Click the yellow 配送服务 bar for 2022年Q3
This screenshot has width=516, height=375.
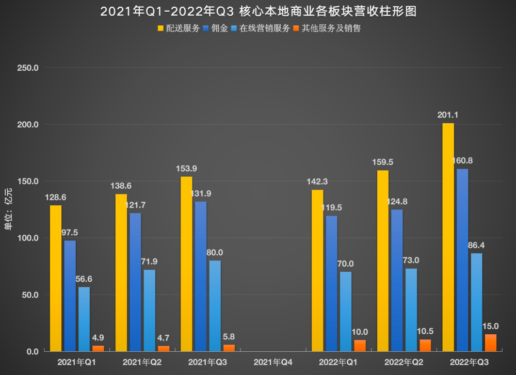[448, 237]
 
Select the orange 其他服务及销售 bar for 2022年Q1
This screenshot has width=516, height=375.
[360, 346]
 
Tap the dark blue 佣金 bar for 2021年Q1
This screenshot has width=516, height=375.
[70, 296]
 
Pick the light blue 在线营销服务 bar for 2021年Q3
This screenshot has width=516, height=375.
[215, 306]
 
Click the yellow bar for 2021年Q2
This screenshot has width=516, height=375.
[121, 273]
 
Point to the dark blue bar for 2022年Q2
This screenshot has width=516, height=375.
[397, 280]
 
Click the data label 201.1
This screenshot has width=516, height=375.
[448, 115]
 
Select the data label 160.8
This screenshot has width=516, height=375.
[462, 160]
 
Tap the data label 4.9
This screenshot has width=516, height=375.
[98, 338]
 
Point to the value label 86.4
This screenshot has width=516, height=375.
[476, 245]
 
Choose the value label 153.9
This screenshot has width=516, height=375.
[186, 168]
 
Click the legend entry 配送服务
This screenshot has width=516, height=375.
[178, 28]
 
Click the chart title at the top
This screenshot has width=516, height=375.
[258, 11]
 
